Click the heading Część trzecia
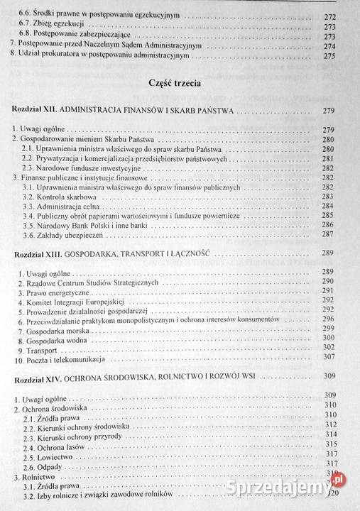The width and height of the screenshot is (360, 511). (x=174, y=83)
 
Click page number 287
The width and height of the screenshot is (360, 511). (x=328, y=233)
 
